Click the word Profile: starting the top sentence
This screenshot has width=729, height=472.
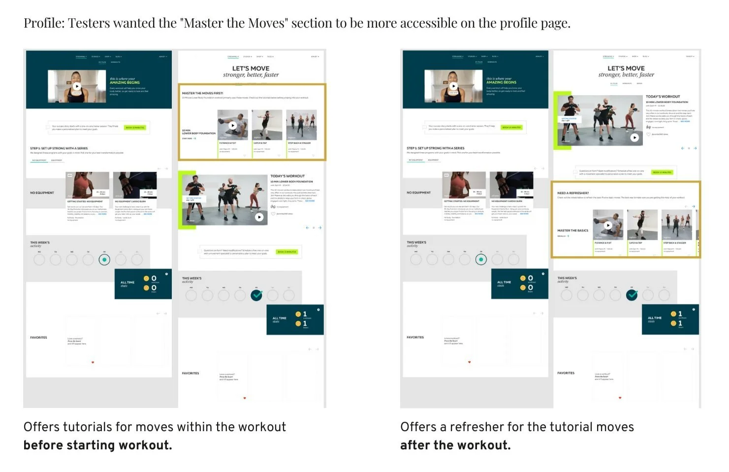(44, 24)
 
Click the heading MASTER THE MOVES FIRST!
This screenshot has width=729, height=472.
(202, 93)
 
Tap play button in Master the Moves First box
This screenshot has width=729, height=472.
(233, 125)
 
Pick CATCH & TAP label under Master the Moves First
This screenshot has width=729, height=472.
(260, 143)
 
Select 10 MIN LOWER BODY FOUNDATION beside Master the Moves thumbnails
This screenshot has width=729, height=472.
(199, 132)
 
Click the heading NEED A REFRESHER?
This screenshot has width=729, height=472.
(572, 193)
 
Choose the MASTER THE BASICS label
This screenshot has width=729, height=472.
(572, 231)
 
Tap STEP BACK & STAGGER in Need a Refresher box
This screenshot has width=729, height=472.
(674, 243)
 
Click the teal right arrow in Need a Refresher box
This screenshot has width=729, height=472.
(694, 206)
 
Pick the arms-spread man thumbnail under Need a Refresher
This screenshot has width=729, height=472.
(642, 224)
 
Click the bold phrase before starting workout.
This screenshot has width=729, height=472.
(97, 445)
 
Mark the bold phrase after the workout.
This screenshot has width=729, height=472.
(455, 445)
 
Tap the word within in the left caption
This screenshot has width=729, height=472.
(193, 427)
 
